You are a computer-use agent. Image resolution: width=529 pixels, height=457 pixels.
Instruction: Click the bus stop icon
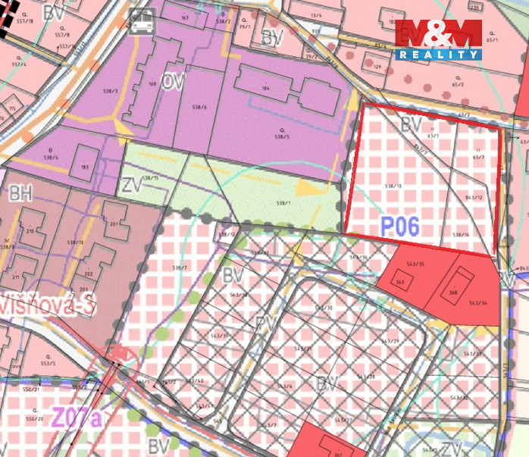(141, 23)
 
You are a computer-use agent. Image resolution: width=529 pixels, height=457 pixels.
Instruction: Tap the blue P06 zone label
(399, 227)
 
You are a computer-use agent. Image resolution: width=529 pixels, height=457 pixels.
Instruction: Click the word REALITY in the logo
(438, 55)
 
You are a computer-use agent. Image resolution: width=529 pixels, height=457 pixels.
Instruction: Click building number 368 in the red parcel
(453, 292)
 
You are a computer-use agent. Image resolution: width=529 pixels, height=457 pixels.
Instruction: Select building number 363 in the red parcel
(400, 283)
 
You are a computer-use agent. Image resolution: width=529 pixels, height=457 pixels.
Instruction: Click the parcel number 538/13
(393, 185)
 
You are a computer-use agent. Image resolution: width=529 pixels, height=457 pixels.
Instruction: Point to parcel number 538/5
(281, 137)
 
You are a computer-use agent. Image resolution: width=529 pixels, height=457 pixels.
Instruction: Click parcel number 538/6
(200, 107)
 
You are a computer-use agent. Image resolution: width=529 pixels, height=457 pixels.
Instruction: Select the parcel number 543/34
(477, 303)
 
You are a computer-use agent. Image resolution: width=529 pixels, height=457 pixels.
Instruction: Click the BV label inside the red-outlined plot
(412, 123)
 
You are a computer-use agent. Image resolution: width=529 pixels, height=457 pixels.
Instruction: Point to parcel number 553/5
(49, 363)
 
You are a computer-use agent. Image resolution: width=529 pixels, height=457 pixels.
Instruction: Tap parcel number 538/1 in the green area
(283, 203)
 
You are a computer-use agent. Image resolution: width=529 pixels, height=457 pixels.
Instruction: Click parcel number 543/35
(416, 264)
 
